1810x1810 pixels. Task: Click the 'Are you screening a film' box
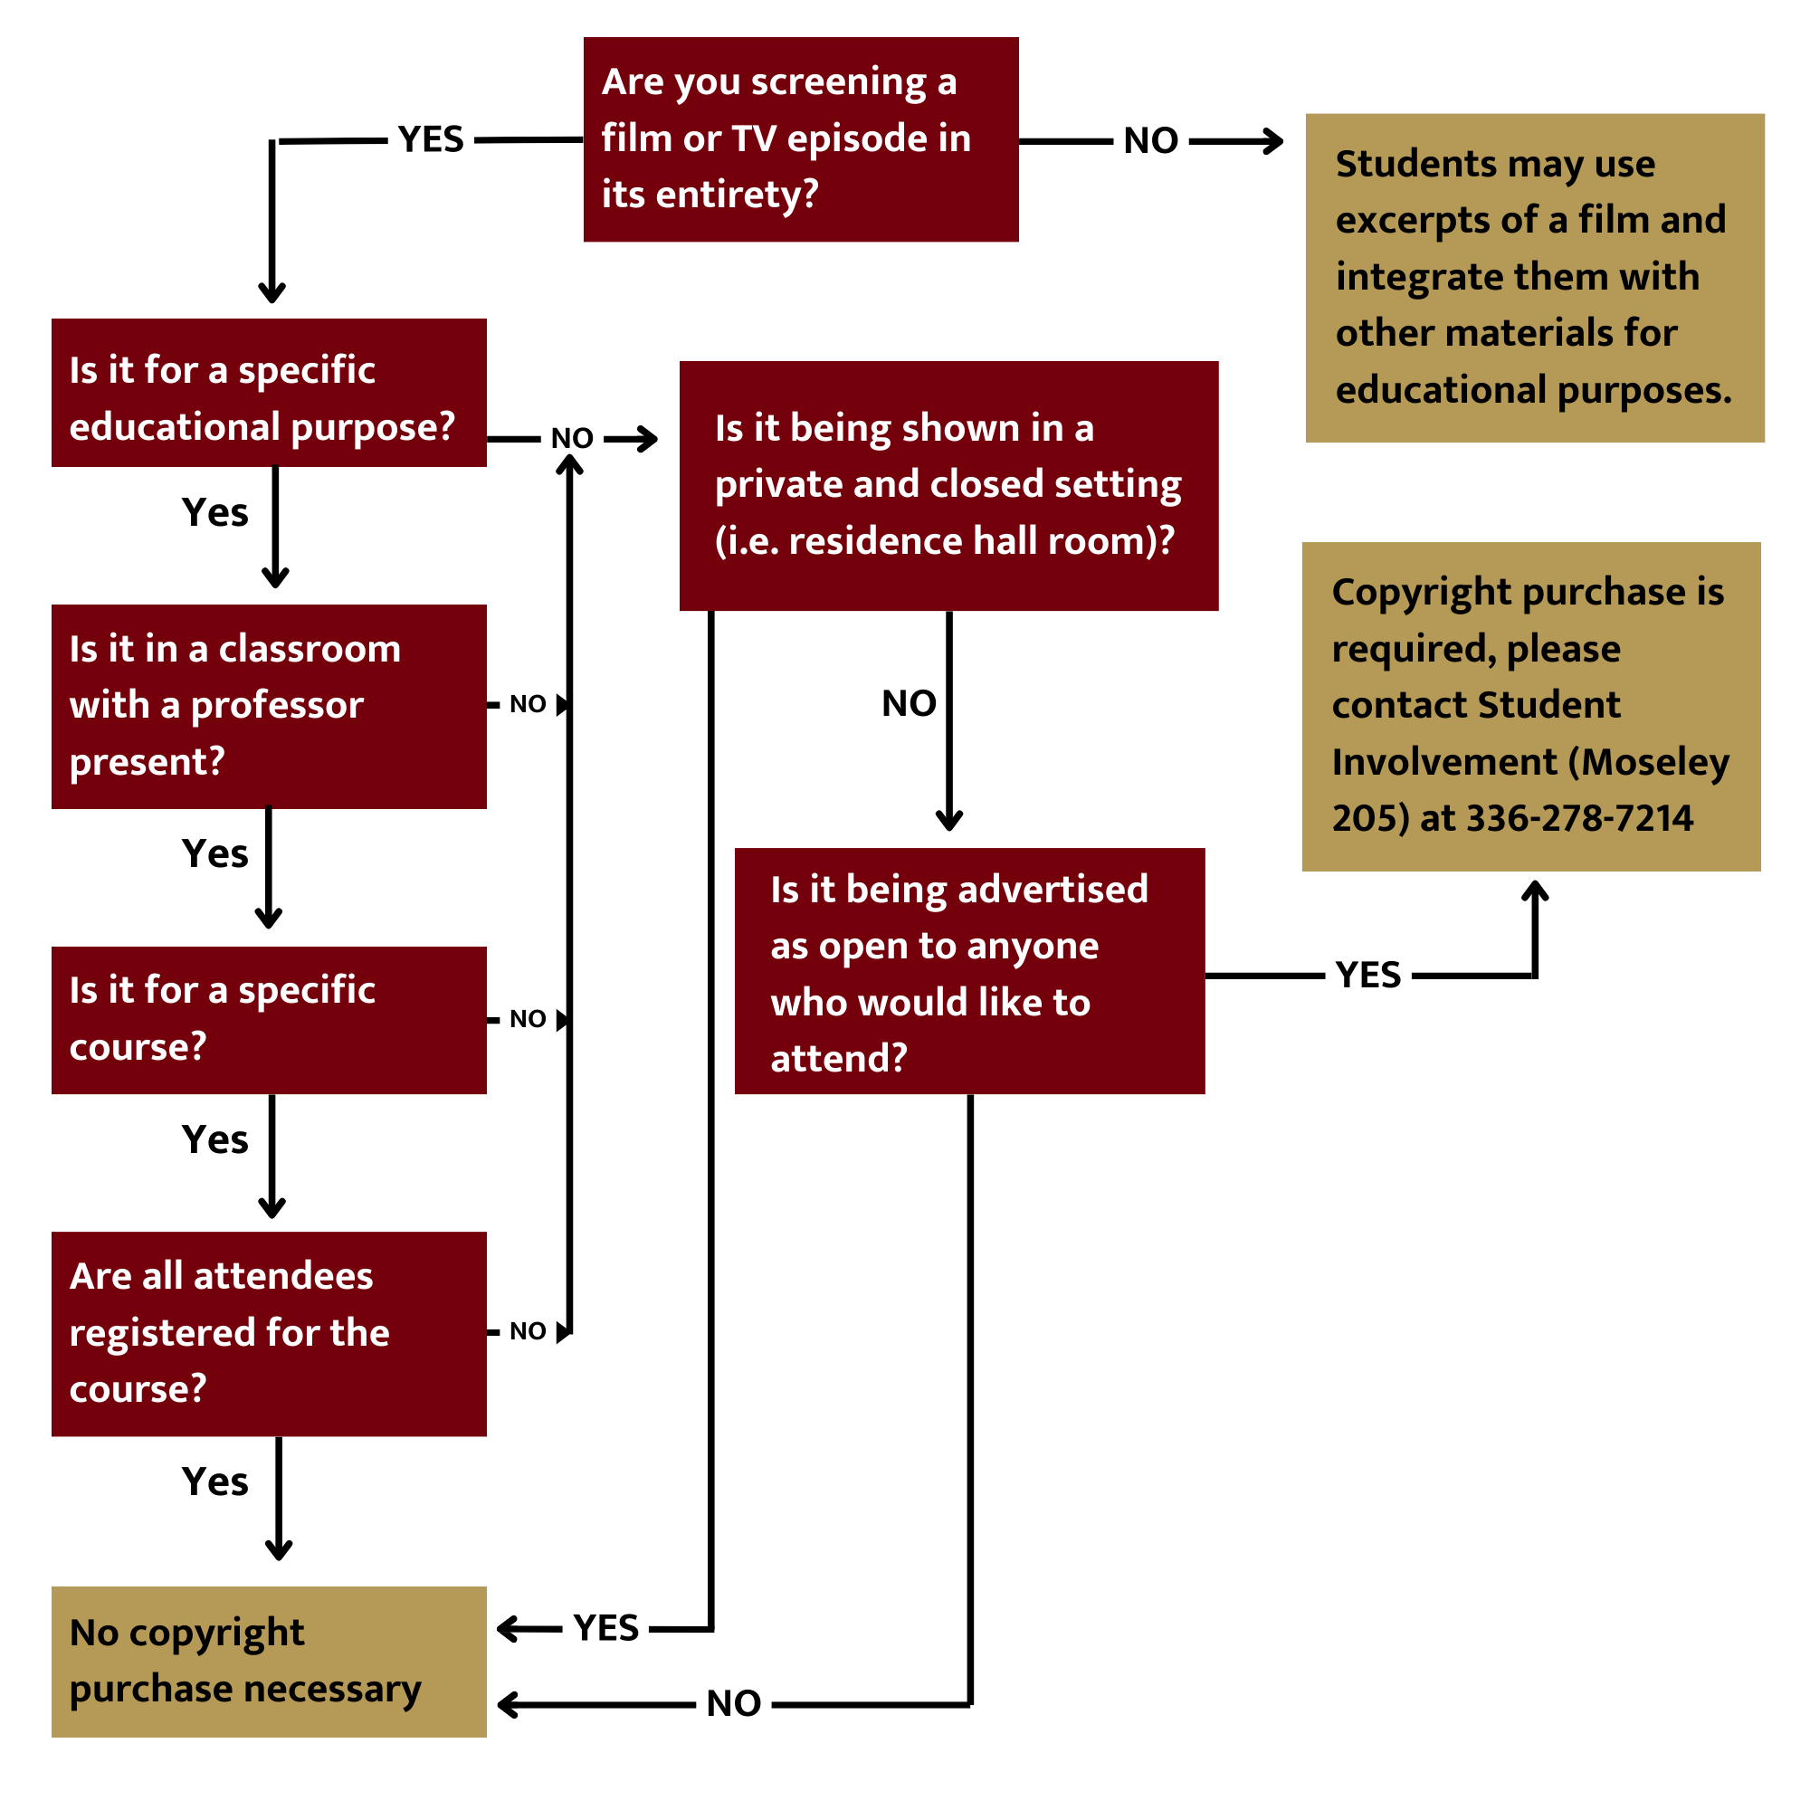pyautogui.click(x=800, y=139)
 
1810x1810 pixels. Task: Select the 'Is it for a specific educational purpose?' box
pyautogui.click(x=269, y=393)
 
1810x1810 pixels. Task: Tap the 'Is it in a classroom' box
pyautogui.click(x=269, y=706)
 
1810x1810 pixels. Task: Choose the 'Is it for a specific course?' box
pyautogui.click(x=269, y=1019)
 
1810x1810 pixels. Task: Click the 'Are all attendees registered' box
pyautogui.click(x=269, y=1333)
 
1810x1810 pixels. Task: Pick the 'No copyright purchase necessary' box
pyautogui.click(x=269, y=1661)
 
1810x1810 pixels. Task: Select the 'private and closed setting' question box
pyautogui.click(x=948, y=485)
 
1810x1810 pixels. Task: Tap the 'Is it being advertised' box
pyautogui.click(x=968, y=970)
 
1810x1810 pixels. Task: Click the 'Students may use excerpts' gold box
pyautogui.click(x=1534, y=277)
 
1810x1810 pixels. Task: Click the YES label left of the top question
pyautogui.click(x=430, y=139)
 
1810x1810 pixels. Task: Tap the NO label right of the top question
pyautogui.click(x=1150, y=140)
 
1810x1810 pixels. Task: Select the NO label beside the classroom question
pyautogui.click(x=528, y=704)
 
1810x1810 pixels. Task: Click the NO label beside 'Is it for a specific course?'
pyautogui.click(x=528, y=1019)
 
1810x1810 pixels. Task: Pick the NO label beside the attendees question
pyautogui.click(x=528, y=1331)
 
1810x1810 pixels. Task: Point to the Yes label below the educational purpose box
pyautogui.click(x=214, y=512)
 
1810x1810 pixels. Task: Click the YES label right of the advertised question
pyautogui.click(x=1367, y=976)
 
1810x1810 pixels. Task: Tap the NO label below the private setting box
pyautogui.click(x=909, y=703)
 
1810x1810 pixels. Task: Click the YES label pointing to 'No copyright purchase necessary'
pyautogui.click(x=606, y=1628)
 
